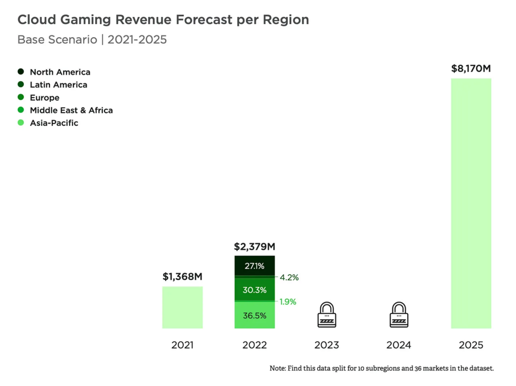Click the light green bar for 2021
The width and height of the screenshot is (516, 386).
pyautogui.click(x=182, y=307)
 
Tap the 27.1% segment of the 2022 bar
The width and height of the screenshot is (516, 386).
pyautogui.click(x=254, y=266)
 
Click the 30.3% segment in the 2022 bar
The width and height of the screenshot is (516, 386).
pyautogui.click(x=254, y=290)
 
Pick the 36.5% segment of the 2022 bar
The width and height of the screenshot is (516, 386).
pyautogui.click(x=254, y=315)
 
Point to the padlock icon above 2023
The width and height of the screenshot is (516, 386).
pyautogui.click(x=327, y=315)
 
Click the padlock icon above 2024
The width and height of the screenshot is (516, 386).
pyautogui.click(x=399, y=315)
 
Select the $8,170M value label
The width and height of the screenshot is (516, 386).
pyautogui.click(x=471, y=69)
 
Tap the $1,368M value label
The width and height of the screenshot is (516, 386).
pyautogui.click(x=182, y=277)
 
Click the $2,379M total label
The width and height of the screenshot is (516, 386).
pyautogui.click(x=254, y=247)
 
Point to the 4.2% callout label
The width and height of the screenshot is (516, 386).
pyautogui.click(x=290, y=277)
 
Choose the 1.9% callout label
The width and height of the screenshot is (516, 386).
pyautogui.click(x=288, y=302)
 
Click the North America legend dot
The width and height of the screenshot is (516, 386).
pyautogui.click(x=21, y=72)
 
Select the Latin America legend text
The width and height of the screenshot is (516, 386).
pyautogui.click(x=58, y=85)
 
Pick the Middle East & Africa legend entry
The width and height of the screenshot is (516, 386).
pyautogui.click(x=71, y=110)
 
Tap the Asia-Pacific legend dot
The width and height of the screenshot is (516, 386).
pyautogui.click(x=21, y=122)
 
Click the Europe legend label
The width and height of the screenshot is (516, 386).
pyautogui.click(x=44, y=97)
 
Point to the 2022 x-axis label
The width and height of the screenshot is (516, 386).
pyautogui.click(x=254, y=345)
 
